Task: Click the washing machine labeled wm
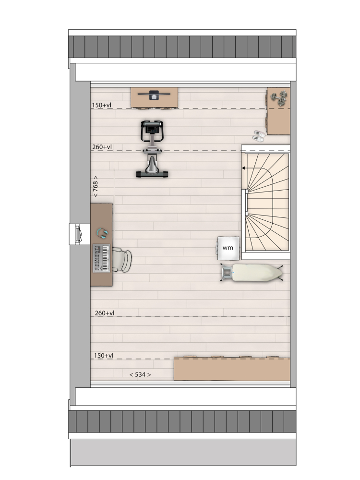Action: click(x=228, y=248)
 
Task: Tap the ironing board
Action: click(x=252, y=273)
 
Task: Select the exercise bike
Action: click(x=152, y=149)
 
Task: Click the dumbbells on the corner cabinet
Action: click(x=279, y=98)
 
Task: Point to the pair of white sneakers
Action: click(x=259, y=136)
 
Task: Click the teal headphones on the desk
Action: click(x=102, y=233)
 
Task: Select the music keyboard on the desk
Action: click(x=101, y=258)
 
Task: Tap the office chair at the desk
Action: click(x=121, y=260)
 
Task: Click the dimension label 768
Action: click(x=95, y=186)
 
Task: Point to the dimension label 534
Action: click(x=140, y=374)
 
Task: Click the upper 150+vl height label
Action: click(x=102, y=105)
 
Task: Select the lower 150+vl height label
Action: click(x=104, y=355)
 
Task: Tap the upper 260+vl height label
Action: click(x=102, y=147)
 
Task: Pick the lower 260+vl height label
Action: click(x=104, y=313)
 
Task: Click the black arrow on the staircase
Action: click(x=244, y=168)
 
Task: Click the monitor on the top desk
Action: click(x=154, y=95)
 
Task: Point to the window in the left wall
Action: click(x=76, y=234)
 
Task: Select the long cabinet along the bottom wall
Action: click(x=232, y=369)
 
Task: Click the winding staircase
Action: click(x=265, y=203)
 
